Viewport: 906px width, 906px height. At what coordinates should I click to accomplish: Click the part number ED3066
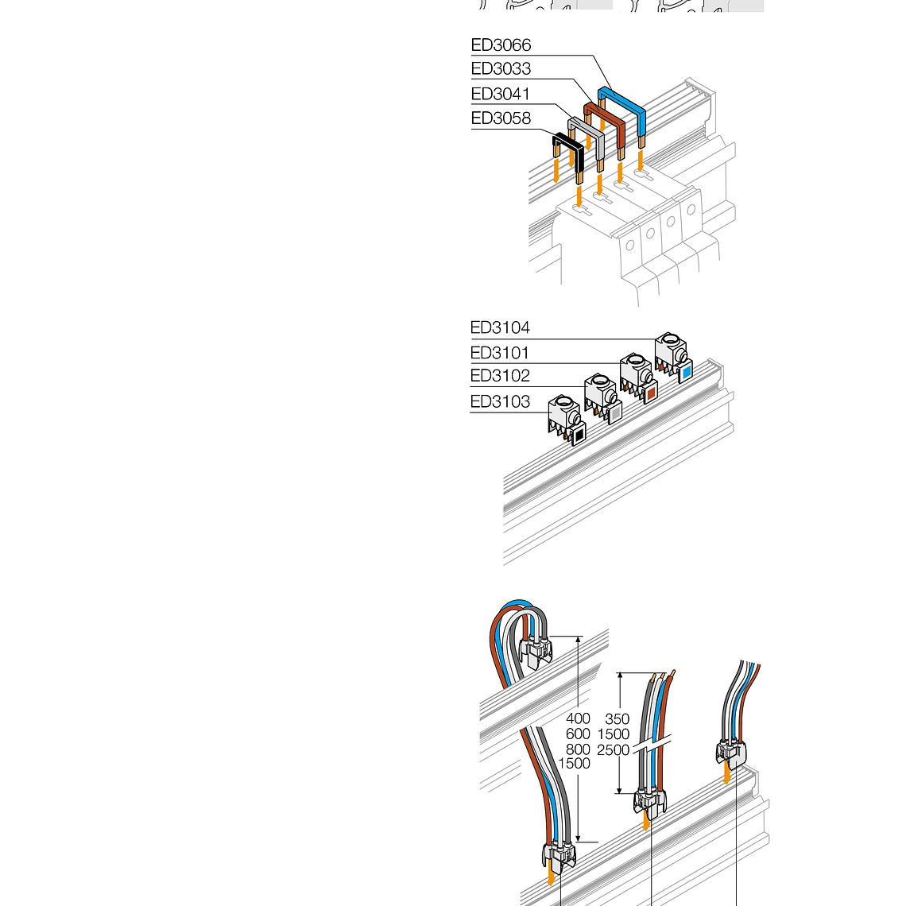(x=501, y=45)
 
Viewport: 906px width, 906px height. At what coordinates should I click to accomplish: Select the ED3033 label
(x=501, y=69)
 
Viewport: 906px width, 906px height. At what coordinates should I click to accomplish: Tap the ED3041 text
(x=501, y=94)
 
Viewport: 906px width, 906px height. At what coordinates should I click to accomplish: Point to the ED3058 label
(x=501, y=118)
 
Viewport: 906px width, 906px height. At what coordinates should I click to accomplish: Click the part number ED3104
(x=500, y=327)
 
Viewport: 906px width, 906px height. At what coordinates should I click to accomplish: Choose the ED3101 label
(x=500, y=352)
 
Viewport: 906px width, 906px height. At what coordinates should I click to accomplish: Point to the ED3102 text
(x=500, y=376)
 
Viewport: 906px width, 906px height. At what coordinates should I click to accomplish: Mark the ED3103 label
(x=500, y=401)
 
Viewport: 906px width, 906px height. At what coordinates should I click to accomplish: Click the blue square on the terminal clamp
(x=687, y=373)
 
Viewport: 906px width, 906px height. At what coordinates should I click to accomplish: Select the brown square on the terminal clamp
(x=651, y=393)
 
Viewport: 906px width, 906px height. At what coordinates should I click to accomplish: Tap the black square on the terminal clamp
(x=579, y=435)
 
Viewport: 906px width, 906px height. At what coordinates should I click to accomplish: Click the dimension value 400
(x=578, y=718)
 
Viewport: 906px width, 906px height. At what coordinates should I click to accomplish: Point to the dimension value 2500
(x=613, y=750)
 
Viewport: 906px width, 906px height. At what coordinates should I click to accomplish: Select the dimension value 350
(x=617, y=718)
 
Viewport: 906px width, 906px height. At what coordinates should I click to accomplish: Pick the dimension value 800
(x=578, y=749)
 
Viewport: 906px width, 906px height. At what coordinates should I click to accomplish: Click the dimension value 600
(x=578, y=734)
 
